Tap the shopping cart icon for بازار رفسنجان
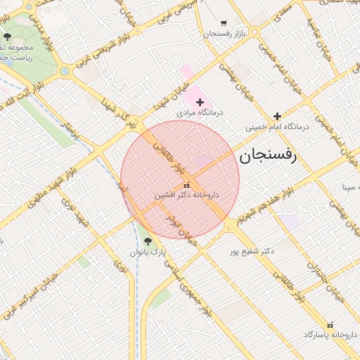coord(224,23)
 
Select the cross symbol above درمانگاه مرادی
coord(200,102)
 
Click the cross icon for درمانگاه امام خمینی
coord(278,116)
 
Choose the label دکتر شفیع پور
coord(252,250)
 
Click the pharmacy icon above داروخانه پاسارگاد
coord(329,323)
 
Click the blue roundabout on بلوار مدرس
coord(64,72)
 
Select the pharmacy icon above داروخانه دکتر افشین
coord(186,185)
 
